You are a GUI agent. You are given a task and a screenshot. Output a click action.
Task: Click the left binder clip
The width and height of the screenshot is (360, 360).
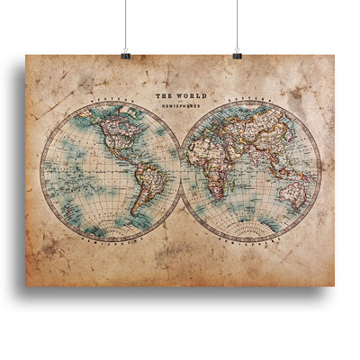pos(126,54)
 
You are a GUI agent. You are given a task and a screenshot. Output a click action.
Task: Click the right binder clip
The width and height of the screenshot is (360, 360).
pos(237,54)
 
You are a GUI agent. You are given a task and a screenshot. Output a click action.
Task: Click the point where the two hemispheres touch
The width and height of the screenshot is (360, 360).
pos(180,171)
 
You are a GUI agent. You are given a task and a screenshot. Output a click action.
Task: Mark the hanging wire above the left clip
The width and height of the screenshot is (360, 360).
pos(126,22)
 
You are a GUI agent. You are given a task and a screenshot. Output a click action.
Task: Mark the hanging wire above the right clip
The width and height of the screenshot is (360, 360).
pos(237,22)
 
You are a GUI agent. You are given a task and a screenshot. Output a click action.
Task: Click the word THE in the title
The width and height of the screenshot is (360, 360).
pos(163,94)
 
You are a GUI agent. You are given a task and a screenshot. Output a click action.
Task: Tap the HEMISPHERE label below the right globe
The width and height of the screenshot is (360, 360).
pos(251,241)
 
